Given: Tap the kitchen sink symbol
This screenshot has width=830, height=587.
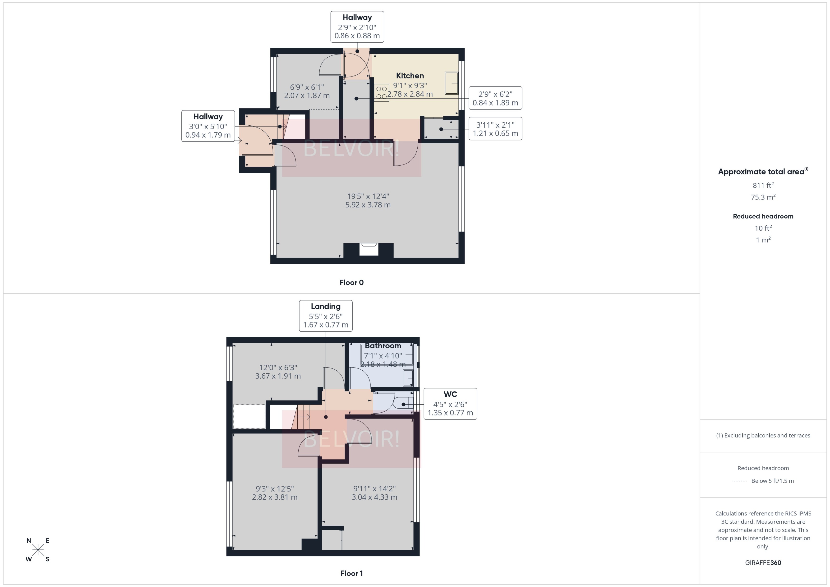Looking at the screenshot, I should point(451,83).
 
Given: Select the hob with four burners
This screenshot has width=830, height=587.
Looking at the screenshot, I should point(381,92).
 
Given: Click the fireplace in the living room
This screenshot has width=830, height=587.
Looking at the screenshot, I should point(369,249).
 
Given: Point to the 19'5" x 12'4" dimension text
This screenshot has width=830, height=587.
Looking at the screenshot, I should point(368,201).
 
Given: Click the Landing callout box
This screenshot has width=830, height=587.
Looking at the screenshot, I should point(326,316).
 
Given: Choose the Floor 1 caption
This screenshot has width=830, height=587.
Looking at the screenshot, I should point(351,573).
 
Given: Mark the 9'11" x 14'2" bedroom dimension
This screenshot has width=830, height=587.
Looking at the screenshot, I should point(374,493).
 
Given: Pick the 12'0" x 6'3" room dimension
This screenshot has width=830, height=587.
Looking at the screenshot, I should point(278,372).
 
